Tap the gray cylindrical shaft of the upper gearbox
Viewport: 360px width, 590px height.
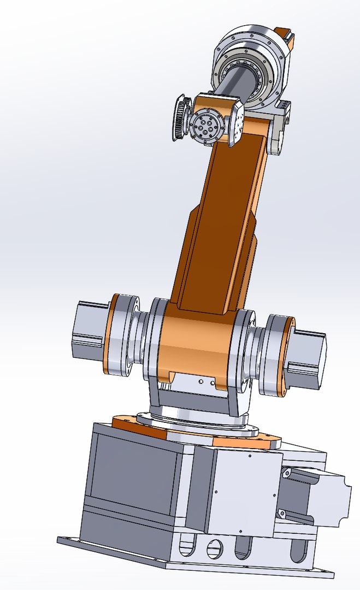(x=235, y=82)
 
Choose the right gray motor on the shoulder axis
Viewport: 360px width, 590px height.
(x=306, y=358)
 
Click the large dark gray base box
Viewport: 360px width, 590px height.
(x=131, y=481)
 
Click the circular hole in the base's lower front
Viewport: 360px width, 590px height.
(x=215, y=546)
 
